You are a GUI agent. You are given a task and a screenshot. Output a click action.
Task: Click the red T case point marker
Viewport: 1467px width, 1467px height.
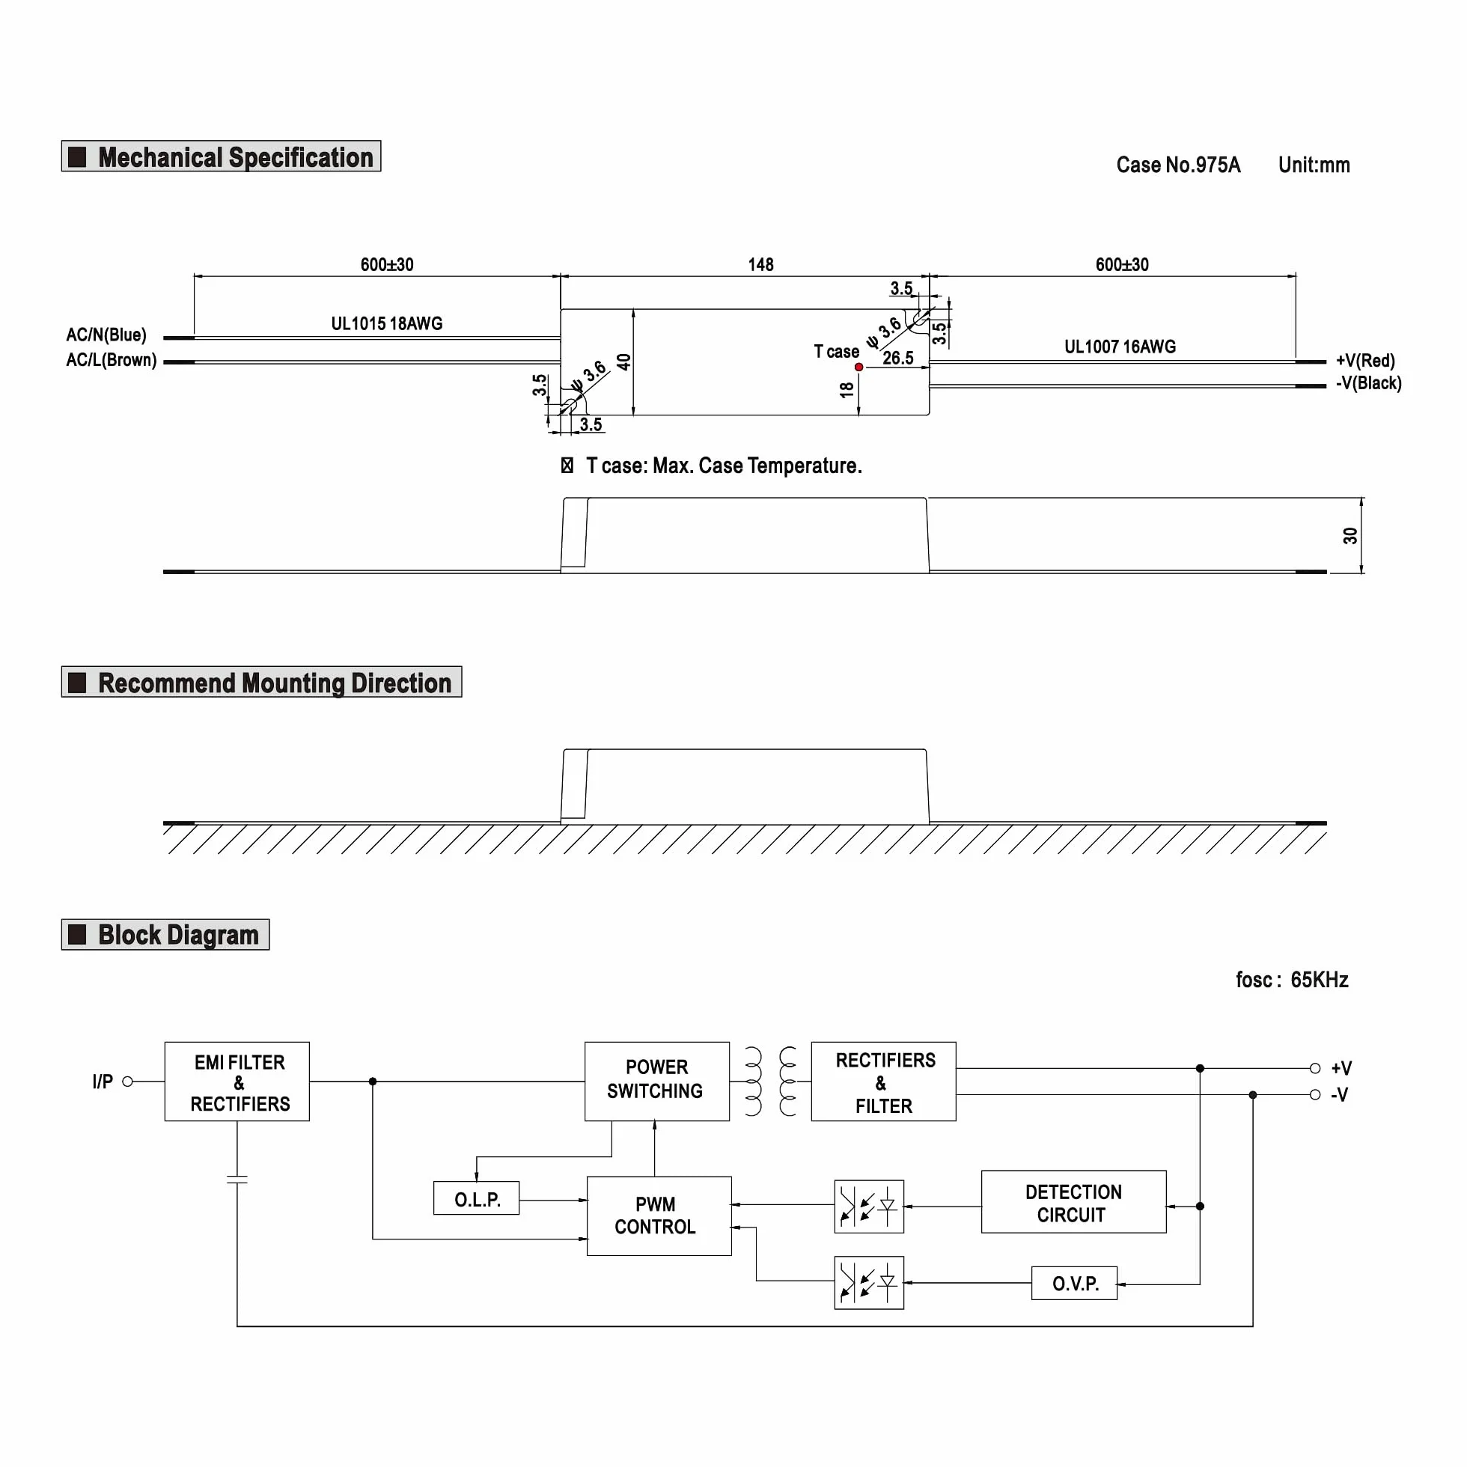tap(858, 367)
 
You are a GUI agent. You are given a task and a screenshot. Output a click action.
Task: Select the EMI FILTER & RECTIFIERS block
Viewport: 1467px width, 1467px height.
tap(237, 1082)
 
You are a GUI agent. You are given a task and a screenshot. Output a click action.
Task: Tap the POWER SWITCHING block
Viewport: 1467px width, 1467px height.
tap(657, 1082)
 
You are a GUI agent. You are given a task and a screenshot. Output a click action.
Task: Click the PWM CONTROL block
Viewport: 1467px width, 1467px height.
tap(659, 1216)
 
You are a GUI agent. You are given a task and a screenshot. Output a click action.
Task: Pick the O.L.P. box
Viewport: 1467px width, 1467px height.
tap(477, 1198)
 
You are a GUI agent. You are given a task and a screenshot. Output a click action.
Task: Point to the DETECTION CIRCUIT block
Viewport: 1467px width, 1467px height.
tap(1073, 1202)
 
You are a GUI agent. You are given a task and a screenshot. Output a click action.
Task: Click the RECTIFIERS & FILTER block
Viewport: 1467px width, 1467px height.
tap(884, 1082)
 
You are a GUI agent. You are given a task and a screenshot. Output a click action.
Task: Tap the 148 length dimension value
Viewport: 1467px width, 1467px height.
tap(761, 264)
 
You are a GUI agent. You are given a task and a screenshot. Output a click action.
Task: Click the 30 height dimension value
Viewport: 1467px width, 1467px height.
tap(1350, 536)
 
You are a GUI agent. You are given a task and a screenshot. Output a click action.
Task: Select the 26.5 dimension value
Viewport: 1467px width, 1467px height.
tap(898, 358)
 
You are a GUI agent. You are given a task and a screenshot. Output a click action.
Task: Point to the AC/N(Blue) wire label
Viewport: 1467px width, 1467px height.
tap(106, 335)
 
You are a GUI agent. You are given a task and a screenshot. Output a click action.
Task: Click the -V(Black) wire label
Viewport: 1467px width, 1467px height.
tap(1369, 383)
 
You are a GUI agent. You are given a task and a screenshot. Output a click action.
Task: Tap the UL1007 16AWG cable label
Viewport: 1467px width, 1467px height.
tap(1120, 347)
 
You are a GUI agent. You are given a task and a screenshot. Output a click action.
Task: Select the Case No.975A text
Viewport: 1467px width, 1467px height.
tap(1178, 165)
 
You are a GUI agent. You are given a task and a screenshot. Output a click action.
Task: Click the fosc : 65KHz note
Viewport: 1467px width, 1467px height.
tap(1293, 980)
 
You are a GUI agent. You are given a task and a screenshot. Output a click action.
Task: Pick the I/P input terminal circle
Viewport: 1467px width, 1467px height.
tap(127, 1082)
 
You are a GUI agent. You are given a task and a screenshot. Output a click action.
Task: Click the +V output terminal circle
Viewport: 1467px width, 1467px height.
tap(1315, 1068)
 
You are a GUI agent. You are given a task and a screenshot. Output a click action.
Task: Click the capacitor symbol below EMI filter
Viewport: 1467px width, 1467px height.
tap(237, 1180)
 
